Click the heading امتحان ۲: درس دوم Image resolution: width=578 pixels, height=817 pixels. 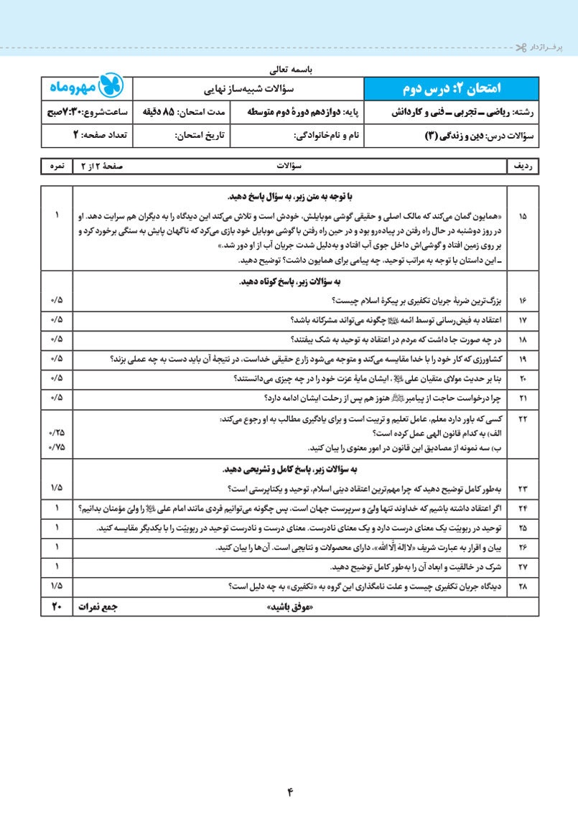click(452, 88)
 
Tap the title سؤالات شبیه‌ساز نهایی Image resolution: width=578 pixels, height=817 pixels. click(248, 88)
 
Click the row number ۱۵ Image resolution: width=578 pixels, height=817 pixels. click(521, 215)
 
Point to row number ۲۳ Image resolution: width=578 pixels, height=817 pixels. click(521, 488)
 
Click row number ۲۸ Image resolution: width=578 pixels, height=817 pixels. click(521, 587)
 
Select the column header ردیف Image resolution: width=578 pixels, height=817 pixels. click(522, 166)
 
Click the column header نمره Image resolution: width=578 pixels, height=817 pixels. click(57, 166)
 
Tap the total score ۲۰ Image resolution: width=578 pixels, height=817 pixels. click(57, 607)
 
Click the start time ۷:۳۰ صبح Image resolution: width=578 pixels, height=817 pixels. click(68, 113)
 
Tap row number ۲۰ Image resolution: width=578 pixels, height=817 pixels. click(521, 378)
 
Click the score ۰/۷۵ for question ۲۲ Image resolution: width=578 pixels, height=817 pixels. click(57, 447)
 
